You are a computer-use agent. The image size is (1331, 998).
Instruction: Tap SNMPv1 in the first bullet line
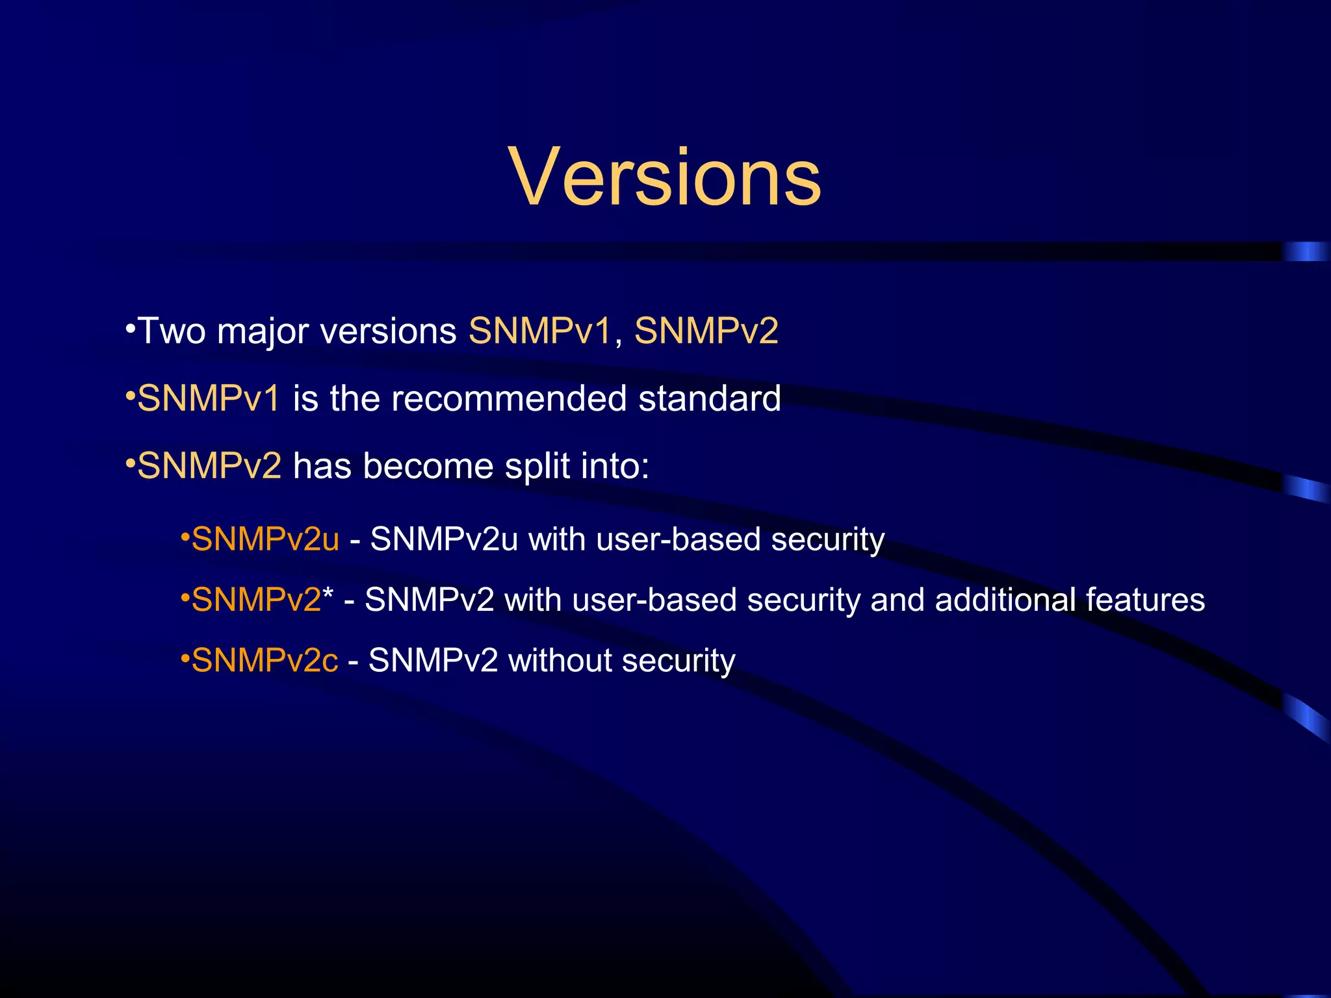(539, 331)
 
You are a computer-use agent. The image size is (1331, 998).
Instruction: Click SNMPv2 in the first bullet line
(706, 331)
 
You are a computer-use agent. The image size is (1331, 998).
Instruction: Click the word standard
(710, 399)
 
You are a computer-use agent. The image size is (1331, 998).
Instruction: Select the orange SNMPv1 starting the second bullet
(209, 399)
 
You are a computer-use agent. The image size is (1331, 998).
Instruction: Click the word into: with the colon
(615, 467)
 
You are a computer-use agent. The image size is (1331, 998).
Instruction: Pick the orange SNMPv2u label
(265, 540)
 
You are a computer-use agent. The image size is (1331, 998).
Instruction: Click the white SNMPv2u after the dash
(444, 540)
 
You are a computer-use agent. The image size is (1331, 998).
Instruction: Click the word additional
(1005, 600)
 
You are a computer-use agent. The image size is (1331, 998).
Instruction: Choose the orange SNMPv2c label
(265, 661)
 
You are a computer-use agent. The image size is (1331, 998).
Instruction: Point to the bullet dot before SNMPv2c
(185, 659)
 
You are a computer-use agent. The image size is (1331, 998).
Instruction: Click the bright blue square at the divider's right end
(1305, 251)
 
